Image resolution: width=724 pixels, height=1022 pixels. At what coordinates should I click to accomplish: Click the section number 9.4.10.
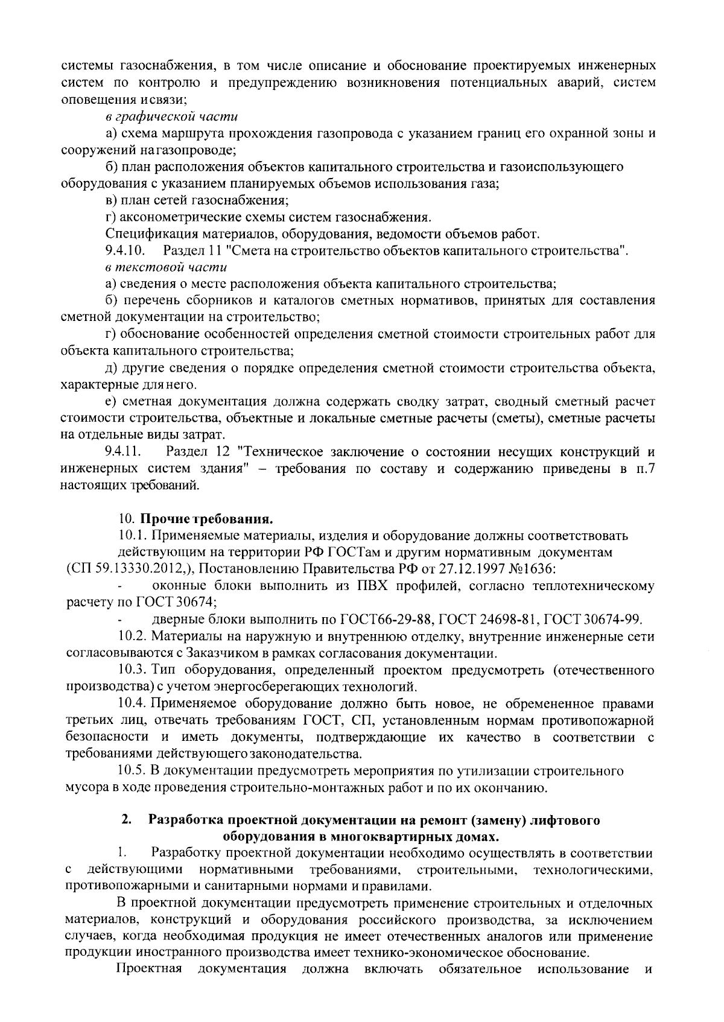point(125,250)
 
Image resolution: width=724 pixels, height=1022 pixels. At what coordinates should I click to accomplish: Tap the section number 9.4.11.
point(124,451)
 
